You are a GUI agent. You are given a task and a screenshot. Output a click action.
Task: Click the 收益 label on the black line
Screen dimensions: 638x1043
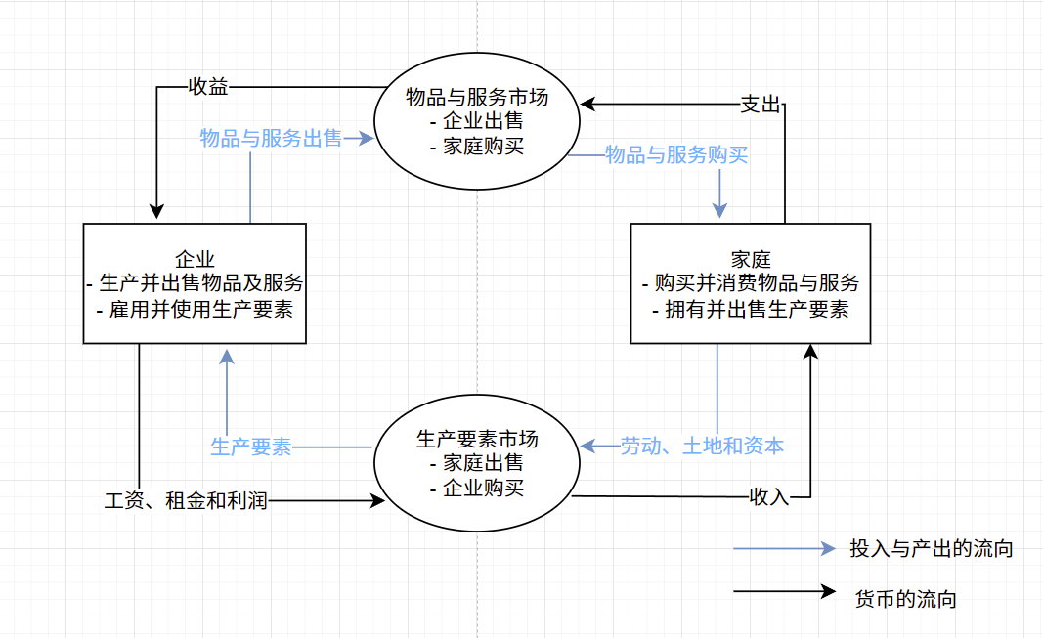coord(207,87)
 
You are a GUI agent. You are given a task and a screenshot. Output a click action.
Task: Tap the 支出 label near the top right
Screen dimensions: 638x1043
coord(760,105)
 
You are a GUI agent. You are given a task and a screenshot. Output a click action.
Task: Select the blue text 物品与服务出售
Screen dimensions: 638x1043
coord(271,138)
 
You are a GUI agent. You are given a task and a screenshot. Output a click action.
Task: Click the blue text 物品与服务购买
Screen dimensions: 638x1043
coord(676,154)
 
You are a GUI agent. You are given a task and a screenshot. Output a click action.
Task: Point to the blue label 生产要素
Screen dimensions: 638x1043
coord(251,447)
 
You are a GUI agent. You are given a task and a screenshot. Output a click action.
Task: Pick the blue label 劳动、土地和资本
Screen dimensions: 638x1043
coord(702,447)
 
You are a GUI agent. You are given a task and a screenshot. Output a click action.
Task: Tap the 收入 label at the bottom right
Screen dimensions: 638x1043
coord(769,496)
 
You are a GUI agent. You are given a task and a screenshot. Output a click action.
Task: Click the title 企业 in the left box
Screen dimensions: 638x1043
coord(195,259)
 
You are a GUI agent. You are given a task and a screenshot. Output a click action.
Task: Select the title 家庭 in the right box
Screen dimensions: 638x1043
coord(751,259)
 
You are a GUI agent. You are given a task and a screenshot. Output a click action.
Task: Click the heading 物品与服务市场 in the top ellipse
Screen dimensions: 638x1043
coord(477,98)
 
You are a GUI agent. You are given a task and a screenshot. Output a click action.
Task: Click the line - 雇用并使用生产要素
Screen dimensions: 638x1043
coord(196,310)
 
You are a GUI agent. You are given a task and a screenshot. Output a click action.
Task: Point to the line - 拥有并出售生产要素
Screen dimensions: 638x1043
coord(751,310)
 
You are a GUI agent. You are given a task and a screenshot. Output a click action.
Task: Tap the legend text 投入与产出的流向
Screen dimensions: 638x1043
coord(931,549)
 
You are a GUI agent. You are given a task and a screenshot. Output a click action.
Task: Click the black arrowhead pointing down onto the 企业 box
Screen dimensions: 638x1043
coord(155,211)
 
